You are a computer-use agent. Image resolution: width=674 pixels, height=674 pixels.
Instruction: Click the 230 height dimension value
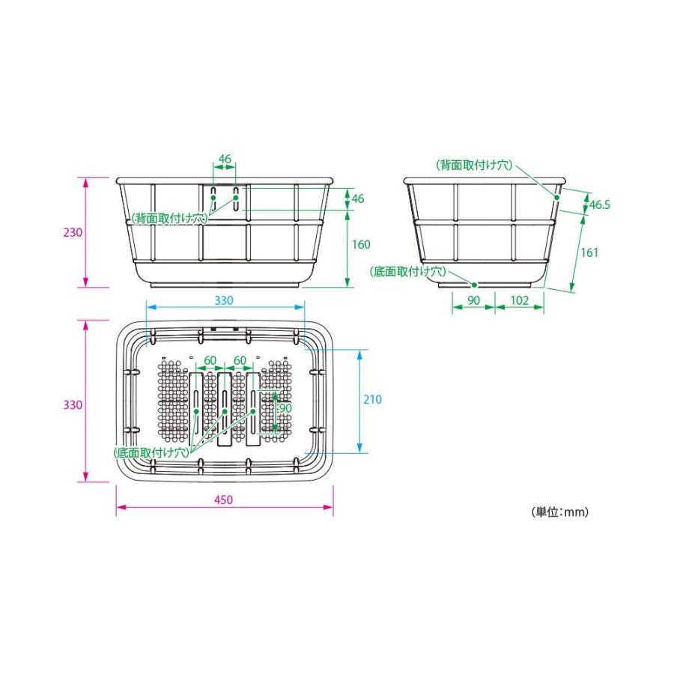[x=73, y=233]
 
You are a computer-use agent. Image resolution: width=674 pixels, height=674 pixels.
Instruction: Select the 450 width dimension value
[x=223, y=500]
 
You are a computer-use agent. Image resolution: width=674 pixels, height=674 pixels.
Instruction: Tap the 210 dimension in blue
[x=372, y=399]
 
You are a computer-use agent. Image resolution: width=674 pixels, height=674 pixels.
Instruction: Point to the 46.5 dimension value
[x=600, y=204]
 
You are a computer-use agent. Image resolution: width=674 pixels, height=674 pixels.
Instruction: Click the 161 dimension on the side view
[x=589, y=252]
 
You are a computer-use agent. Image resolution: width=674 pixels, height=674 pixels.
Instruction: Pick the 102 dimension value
[x=519, y=300]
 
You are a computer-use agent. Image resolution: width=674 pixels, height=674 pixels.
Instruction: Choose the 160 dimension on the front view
[x=361, y=244]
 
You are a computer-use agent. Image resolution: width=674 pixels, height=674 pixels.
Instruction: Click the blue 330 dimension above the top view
[x=224, y=300]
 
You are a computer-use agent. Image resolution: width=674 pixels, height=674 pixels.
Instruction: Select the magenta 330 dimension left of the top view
[x=73, y=405]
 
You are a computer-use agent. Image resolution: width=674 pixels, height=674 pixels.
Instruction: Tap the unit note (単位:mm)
[x=560, y=511]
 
